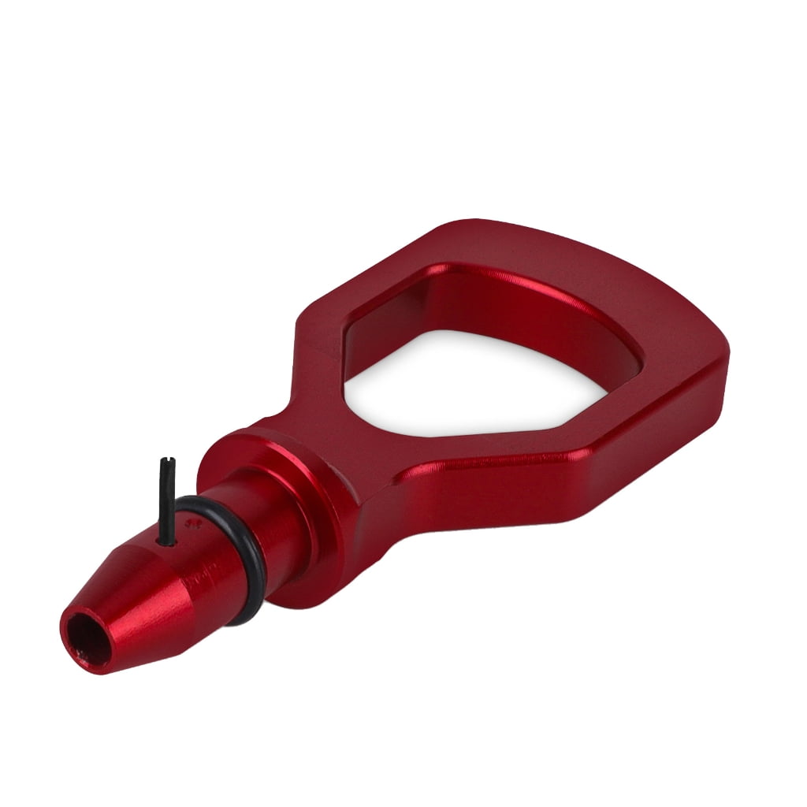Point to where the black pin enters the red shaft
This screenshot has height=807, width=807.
coord(167,541)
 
